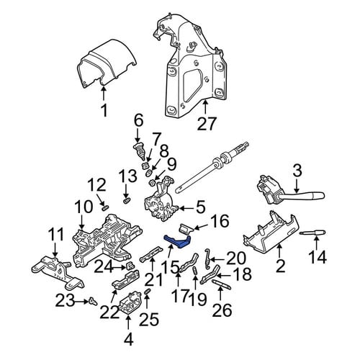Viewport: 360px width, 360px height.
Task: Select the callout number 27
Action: [207, 124]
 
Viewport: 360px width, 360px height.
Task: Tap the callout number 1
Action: [104, 110]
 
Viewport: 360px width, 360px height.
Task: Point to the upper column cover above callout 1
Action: [107, 66]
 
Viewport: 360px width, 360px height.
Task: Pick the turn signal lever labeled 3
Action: [290, 192]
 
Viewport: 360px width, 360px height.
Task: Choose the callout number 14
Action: [318, 257]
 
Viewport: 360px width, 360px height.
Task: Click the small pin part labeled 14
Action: [312, 233]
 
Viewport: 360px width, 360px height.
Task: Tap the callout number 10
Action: [84, 207]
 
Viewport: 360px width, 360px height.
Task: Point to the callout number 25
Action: [150, 319]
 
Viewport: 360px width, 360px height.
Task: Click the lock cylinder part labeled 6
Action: [139, 151]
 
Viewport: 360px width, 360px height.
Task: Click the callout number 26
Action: [222, 310]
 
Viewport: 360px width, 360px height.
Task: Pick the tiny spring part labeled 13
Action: [126, 200]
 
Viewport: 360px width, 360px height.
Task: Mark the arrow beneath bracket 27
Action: [205, 107]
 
